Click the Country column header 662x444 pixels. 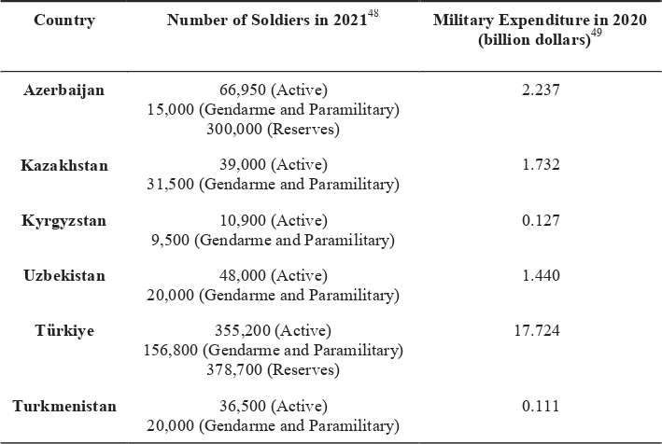click(x=64, y=21)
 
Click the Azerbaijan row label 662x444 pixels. click(x=64, y=90)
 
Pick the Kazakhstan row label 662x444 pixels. click(x=64, y=165)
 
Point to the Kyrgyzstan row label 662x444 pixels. click(x=64, y=221)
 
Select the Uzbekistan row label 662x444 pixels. click(x=64, y=276)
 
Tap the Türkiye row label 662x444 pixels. click(x=64, y=331)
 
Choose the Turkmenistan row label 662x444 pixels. click(x=64, y=407)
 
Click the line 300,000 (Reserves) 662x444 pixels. click(x=273, y=129)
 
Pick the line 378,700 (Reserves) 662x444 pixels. click(x=273, y=369)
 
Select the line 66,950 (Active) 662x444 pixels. click(x=273, y=90)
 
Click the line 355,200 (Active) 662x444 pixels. click(x=273, y=331)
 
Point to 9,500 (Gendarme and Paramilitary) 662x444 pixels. click(x=273, y=240)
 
